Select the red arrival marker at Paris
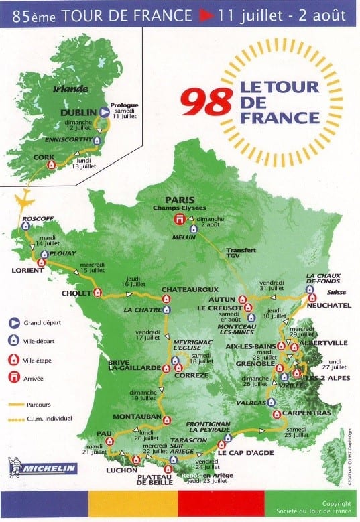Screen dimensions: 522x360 pyautogui.click(x=179, y=219)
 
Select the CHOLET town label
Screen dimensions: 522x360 pyautogui.click(x=77, y=292)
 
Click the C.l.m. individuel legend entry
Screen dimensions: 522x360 pyautogui.click(x=48, y=419)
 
